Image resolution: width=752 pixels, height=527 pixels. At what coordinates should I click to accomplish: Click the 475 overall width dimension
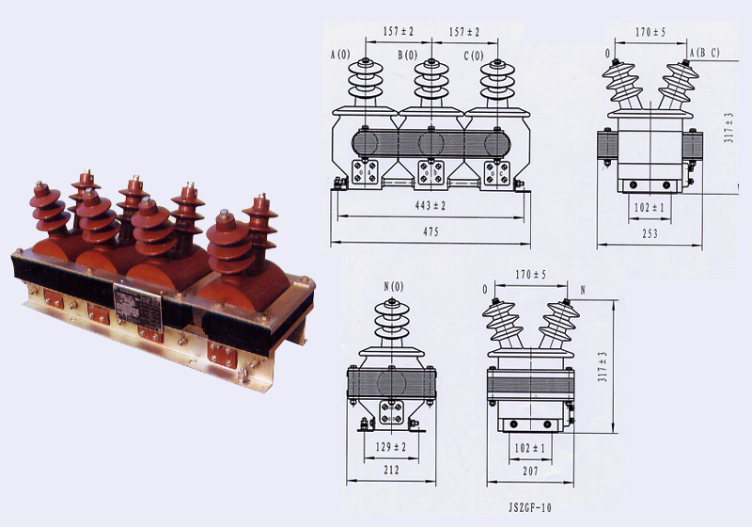coord(431,232)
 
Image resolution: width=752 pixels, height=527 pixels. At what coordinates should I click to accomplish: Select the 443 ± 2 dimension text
coord(431,205)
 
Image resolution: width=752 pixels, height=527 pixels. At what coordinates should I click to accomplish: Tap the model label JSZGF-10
coord(530,507)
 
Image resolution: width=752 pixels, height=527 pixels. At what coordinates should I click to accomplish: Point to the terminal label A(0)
coord(340,55)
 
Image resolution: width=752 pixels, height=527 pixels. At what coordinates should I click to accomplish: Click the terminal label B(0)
coord(407,56)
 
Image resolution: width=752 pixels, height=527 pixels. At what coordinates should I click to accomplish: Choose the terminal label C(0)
coord(474,56)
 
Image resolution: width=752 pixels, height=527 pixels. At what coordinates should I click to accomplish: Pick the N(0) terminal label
coord(394,286)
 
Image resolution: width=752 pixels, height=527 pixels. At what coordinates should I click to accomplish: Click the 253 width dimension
coord(650,233)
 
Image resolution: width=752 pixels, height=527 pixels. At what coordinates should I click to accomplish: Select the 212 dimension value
coord(391,470)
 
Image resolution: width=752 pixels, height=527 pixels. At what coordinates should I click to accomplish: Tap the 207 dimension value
coord(530,471)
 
